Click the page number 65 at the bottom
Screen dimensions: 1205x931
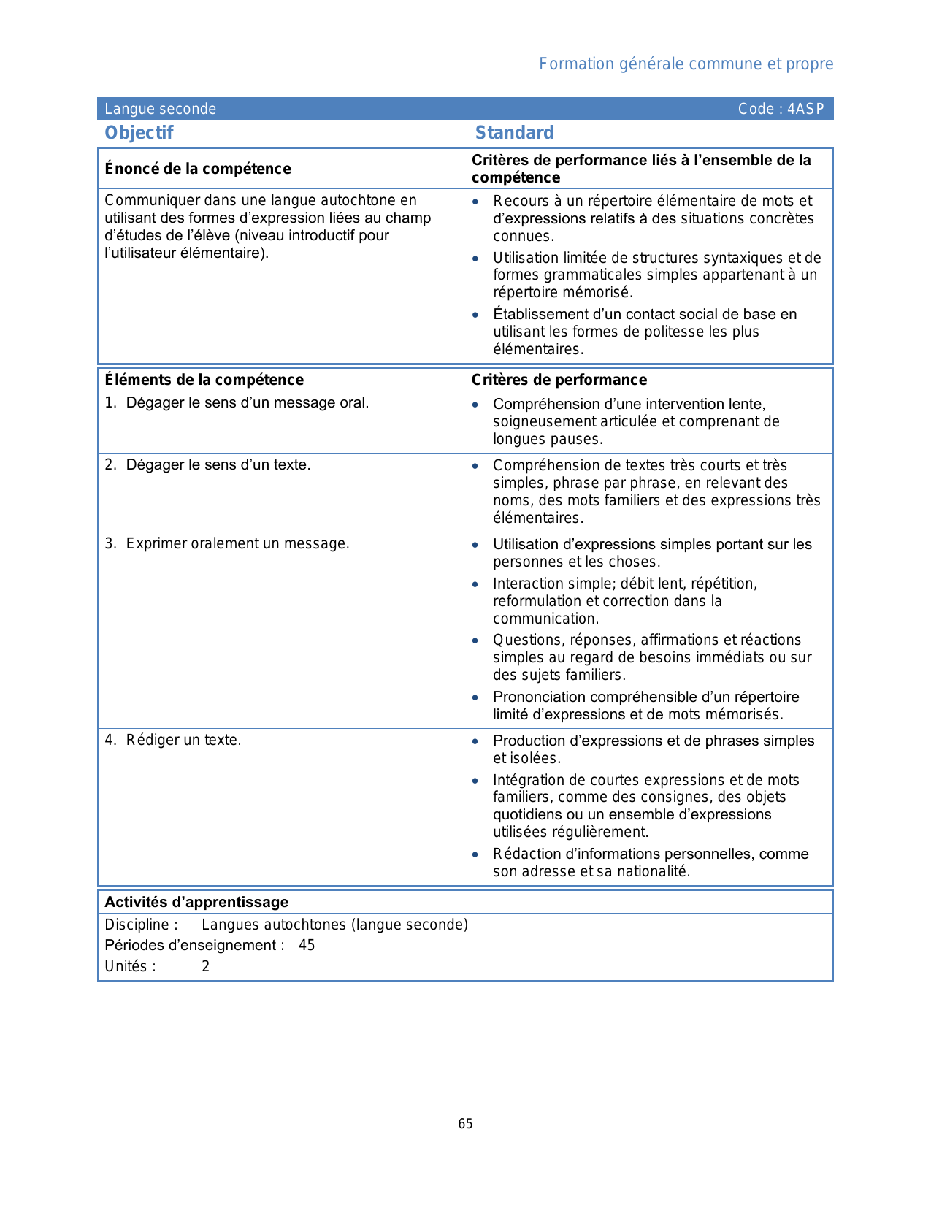pyautogui.click(x=465, y=1124)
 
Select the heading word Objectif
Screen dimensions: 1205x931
pyautogui.click(x=139, y=133)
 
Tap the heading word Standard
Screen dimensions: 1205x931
pyautogui.click(x=514, y=133)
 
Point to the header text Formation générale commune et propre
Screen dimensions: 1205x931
pyautogui.click(x=686, y=64)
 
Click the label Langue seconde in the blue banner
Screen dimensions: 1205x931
pyautogui.click(x=160, y=110)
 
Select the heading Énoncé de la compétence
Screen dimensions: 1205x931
pyautogui.click(x=198, y=169)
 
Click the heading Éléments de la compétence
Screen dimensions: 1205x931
pyautogui.click(x=204, y=380)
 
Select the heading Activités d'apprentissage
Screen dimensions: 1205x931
pyautogui.click(x=196, y=902)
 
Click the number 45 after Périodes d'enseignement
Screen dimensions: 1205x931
pyautogui.click(x=307, y=946)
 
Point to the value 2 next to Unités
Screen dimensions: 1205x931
pyautogui.click(x=206, y=967)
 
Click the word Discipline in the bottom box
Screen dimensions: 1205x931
pyautogui.click(x=137, y=925)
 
